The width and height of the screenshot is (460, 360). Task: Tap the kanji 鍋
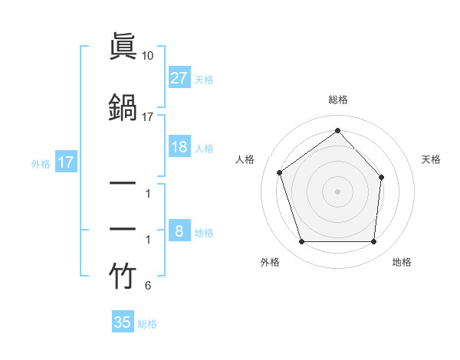123,106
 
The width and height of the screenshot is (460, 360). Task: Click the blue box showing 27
179,78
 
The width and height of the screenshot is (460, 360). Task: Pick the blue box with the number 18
179,147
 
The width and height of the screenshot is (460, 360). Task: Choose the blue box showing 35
123,322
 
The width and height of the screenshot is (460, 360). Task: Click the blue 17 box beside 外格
65,162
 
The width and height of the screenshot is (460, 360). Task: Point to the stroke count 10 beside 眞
149,56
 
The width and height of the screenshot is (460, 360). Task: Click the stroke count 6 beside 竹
148,286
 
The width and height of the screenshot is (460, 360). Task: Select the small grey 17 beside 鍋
148,116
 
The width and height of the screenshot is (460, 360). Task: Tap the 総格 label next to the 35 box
147,324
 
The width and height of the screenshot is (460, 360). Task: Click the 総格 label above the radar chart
337,100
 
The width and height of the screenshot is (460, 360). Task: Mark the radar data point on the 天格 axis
383,177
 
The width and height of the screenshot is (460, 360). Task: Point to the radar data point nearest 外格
302,242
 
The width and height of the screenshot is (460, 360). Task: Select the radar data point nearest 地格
373,242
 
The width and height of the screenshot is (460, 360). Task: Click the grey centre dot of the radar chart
337,191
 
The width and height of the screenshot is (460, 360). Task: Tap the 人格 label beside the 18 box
204,148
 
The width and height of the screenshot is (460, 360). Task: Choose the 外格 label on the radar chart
270,262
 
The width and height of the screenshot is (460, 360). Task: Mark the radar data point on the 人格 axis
280,173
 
